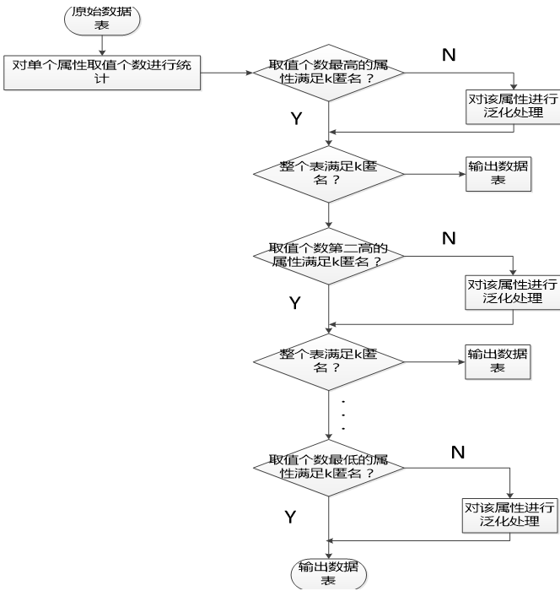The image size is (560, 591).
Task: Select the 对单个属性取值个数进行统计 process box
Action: [x=102, y=72]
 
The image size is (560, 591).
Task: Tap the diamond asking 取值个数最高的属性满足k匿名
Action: [x=328, y=73]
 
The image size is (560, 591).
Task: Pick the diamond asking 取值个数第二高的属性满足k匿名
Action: [x=328, y=256]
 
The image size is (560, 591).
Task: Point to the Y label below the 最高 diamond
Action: [x=296, y=119]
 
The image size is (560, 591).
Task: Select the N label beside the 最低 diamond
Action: [x=458, y=453]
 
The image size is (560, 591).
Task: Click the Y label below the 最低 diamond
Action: [x=290, y=517]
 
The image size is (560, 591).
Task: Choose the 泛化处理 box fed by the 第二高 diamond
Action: [x=500, y=291]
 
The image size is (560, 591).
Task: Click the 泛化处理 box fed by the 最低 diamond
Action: [x=510, y=515]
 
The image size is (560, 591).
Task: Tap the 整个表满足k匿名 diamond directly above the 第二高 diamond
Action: [x=328, y=175]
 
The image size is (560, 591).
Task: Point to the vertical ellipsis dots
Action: [x=342, y=414]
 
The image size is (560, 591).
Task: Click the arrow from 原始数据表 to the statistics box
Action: [x=101, y=45]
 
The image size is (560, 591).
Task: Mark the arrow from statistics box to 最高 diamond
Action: [x=228, y=73]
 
